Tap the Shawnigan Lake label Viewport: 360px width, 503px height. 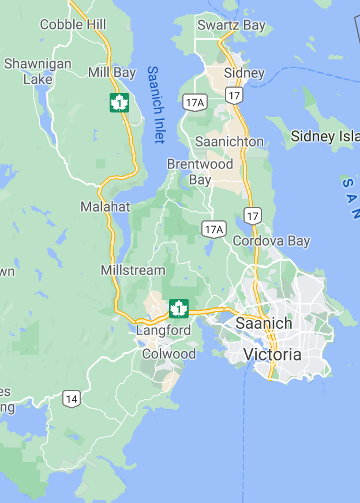coord(38,72)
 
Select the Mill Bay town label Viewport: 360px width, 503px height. coord(112,73)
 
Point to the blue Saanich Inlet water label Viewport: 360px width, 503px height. coord(155,104)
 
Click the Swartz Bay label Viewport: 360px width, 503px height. coord(231,25)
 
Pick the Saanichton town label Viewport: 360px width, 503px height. coord(229,141)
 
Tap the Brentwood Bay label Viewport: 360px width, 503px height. coord(200,171)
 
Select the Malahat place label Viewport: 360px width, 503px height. coord(106,207)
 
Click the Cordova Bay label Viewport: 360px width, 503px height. coord(271,241)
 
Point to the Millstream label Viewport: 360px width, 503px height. coord(133,270)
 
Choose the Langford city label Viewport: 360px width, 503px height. coord(163,331)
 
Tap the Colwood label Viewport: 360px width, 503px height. coord(169,354)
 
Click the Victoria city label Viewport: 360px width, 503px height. coord(272,354)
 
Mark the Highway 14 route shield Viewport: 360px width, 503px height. coord(72,399)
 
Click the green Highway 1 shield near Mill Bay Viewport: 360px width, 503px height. coord(119,103)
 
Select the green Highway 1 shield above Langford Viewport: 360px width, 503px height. coord(179,309)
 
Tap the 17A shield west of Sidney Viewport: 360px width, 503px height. coord(195,103)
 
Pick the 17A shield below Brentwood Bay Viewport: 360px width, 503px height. coord(213,229)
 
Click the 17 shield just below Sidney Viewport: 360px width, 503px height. coord(234,95)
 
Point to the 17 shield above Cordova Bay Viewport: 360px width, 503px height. coord(252,216)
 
